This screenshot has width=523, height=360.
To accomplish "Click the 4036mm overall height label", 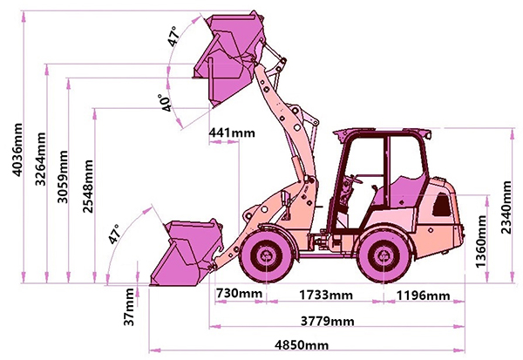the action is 17,149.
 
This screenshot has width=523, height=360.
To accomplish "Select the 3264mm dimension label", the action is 41,159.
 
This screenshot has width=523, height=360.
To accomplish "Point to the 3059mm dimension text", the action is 63,177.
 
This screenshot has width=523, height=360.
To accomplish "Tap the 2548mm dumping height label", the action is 88,187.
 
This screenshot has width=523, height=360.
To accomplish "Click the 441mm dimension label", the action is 232,132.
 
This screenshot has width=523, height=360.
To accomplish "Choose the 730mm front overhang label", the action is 240,294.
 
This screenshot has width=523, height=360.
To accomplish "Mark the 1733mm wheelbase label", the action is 325,295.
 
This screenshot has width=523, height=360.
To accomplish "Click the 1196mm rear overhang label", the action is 423,295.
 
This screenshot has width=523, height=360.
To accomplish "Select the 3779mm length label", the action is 327,321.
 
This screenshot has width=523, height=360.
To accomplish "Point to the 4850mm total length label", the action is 302,344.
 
